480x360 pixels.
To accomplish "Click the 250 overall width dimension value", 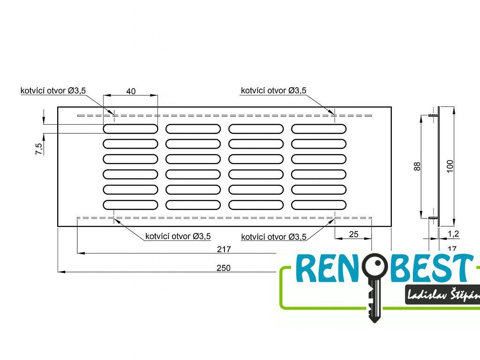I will click(224, 268).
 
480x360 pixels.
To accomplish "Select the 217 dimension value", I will click(224, 250).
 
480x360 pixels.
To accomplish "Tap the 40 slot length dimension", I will click(131, 91).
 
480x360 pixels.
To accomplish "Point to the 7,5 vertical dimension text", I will click(39, 149).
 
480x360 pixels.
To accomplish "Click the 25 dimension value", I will click(354, 234).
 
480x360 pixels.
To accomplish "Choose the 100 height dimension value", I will click(450, 166).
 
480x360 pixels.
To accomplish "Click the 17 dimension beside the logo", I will click(452, 248).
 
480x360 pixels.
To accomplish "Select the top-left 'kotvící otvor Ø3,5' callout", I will click(53, 90).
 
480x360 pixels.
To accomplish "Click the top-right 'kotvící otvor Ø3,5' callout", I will click(274, 90).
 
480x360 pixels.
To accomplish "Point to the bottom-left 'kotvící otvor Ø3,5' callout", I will click(178, 236).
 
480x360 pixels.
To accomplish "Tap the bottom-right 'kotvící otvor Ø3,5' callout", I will click(274, 237).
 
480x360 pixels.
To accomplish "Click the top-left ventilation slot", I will click(130, 129).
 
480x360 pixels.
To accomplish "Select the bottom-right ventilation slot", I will click(319, 204).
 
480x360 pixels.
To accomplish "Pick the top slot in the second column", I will click(193, 129).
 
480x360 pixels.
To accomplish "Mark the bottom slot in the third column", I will click(256, 204).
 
